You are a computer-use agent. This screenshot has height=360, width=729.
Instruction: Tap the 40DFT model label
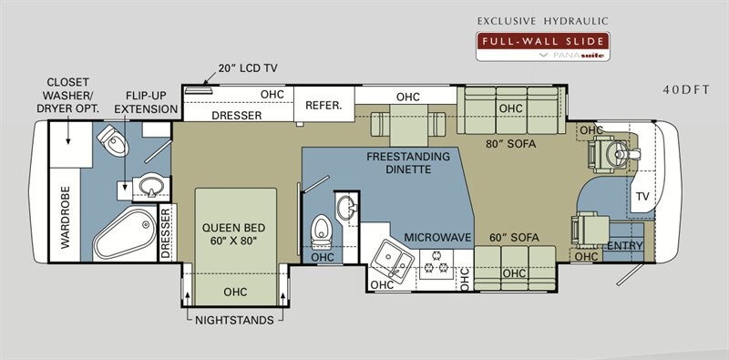tap(686, 89)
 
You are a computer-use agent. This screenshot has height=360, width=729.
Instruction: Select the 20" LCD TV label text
tap(247, 68)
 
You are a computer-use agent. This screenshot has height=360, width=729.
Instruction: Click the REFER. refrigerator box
tap(324, 105)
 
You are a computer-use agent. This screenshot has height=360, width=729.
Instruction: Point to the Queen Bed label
tap(234, 234)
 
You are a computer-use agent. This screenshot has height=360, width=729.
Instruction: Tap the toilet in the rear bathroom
tap(112, 140)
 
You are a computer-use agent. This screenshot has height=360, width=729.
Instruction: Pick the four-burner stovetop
tap(437, 263)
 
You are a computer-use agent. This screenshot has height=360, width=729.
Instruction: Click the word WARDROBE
tap(65, 217)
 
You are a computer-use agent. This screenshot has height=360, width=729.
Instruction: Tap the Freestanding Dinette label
tap(407, 162)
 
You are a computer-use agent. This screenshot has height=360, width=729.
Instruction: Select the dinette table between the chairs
tap(408, 125)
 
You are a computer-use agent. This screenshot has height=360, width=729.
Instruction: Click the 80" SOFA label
tap(511, 144)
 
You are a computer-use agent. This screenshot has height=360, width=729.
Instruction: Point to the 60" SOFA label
tap(514, 238)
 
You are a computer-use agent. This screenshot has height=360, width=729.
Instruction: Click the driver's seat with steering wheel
tap(612, 153)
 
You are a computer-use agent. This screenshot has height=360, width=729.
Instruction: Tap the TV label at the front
tap(642, 197)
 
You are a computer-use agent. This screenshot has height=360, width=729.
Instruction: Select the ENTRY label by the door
tap(625, 245)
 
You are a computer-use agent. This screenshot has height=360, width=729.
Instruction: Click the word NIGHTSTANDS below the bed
tap(234, 320)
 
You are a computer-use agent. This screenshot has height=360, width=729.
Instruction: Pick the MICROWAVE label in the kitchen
tap(438, 237)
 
